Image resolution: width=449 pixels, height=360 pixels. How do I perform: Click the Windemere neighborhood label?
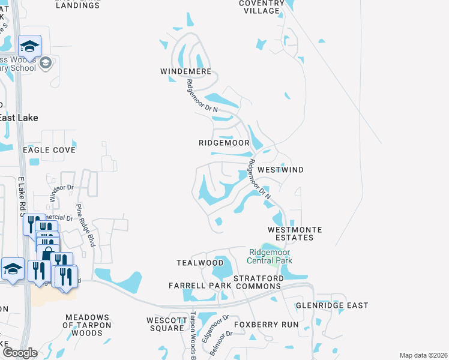pyautogui.click(x=185, y=71)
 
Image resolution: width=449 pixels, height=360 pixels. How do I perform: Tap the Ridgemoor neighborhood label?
pyautogui.click(x=224, y=143)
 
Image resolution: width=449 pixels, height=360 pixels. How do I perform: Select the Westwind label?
pyautogui.click(x=280, y=170)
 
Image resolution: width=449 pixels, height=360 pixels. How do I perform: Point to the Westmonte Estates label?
pyautogui.click(x=295, y=233)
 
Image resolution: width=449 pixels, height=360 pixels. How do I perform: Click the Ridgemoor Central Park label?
pyautogui.click(x=270, y=256)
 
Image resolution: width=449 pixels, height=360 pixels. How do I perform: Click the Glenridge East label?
pyautogui.click(x=332, y=305)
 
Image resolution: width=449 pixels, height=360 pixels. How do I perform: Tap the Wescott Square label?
pyautogui.click(x=165, y=324)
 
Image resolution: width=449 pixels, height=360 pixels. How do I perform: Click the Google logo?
pyautogui.click(x=20, y=353)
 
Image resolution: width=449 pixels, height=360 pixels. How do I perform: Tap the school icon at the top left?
pyautogui.click(x=29, y=46)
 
